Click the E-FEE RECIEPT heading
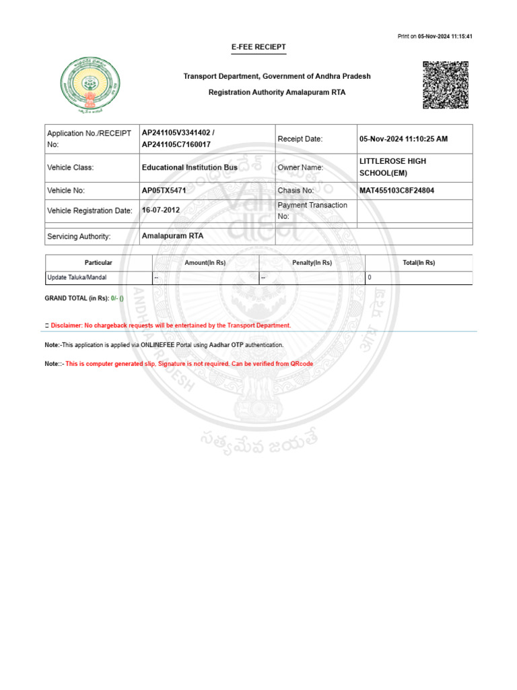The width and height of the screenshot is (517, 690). (258, 47)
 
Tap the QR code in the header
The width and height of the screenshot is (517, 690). (445, 85)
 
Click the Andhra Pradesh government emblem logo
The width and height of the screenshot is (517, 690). (92, 85)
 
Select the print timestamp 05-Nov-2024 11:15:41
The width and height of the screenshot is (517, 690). (445, 36)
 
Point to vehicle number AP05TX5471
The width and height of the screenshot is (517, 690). (164, 191)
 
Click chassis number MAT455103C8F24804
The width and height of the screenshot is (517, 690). (397, 191)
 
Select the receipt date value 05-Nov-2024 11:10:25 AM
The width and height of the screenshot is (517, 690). (403, 139)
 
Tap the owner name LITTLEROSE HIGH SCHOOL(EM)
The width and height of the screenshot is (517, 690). (392, 167)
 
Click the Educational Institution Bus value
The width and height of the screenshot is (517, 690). (189, 167)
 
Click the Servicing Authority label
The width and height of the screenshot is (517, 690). (79, 237)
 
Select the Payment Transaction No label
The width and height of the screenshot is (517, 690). (312, 210)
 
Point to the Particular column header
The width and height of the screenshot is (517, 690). (98, 263)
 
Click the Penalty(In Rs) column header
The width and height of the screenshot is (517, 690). (312, 263)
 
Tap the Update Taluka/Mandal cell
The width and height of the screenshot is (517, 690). (77, 277)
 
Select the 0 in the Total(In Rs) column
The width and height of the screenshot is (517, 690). (370, 277)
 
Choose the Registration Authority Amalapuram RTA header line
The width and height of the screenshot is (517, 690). (277, 92)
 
